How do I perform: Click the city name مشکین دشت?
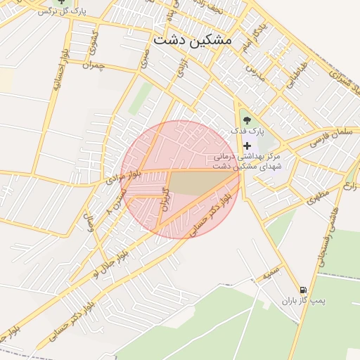click(191, 40)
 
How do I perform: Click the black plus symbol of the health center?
click(246, 145)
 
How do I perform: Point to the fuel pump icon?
click(303, 290)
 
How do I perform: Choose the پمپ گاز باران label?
click(305, 301)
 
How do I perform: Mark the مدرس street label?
click(255, 74)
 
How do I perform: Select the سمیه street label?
click(272, 272)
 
